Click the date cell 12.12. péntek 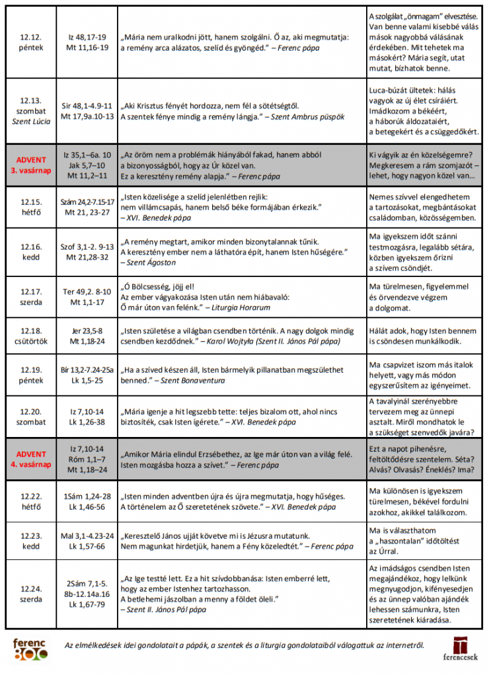click(30, 42)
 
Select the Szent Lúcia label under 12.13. click(30, 121)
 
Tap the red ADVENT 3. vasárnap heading click(31, 165)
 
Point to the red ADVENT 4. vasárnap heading click(31, 459)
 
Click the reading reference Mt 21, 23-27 click(87, 212)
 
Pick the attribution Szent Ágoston click(148, 262)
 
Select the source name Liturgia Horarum click(241, 307)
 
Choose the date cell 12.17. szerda click(30, 297)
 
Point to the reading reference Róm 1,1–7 click(87, 459)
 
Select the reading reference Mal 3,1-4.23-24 click(87, 536)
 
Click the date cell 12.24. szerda click(30, 593)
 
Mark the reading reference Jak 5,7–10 click(87, 165)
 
